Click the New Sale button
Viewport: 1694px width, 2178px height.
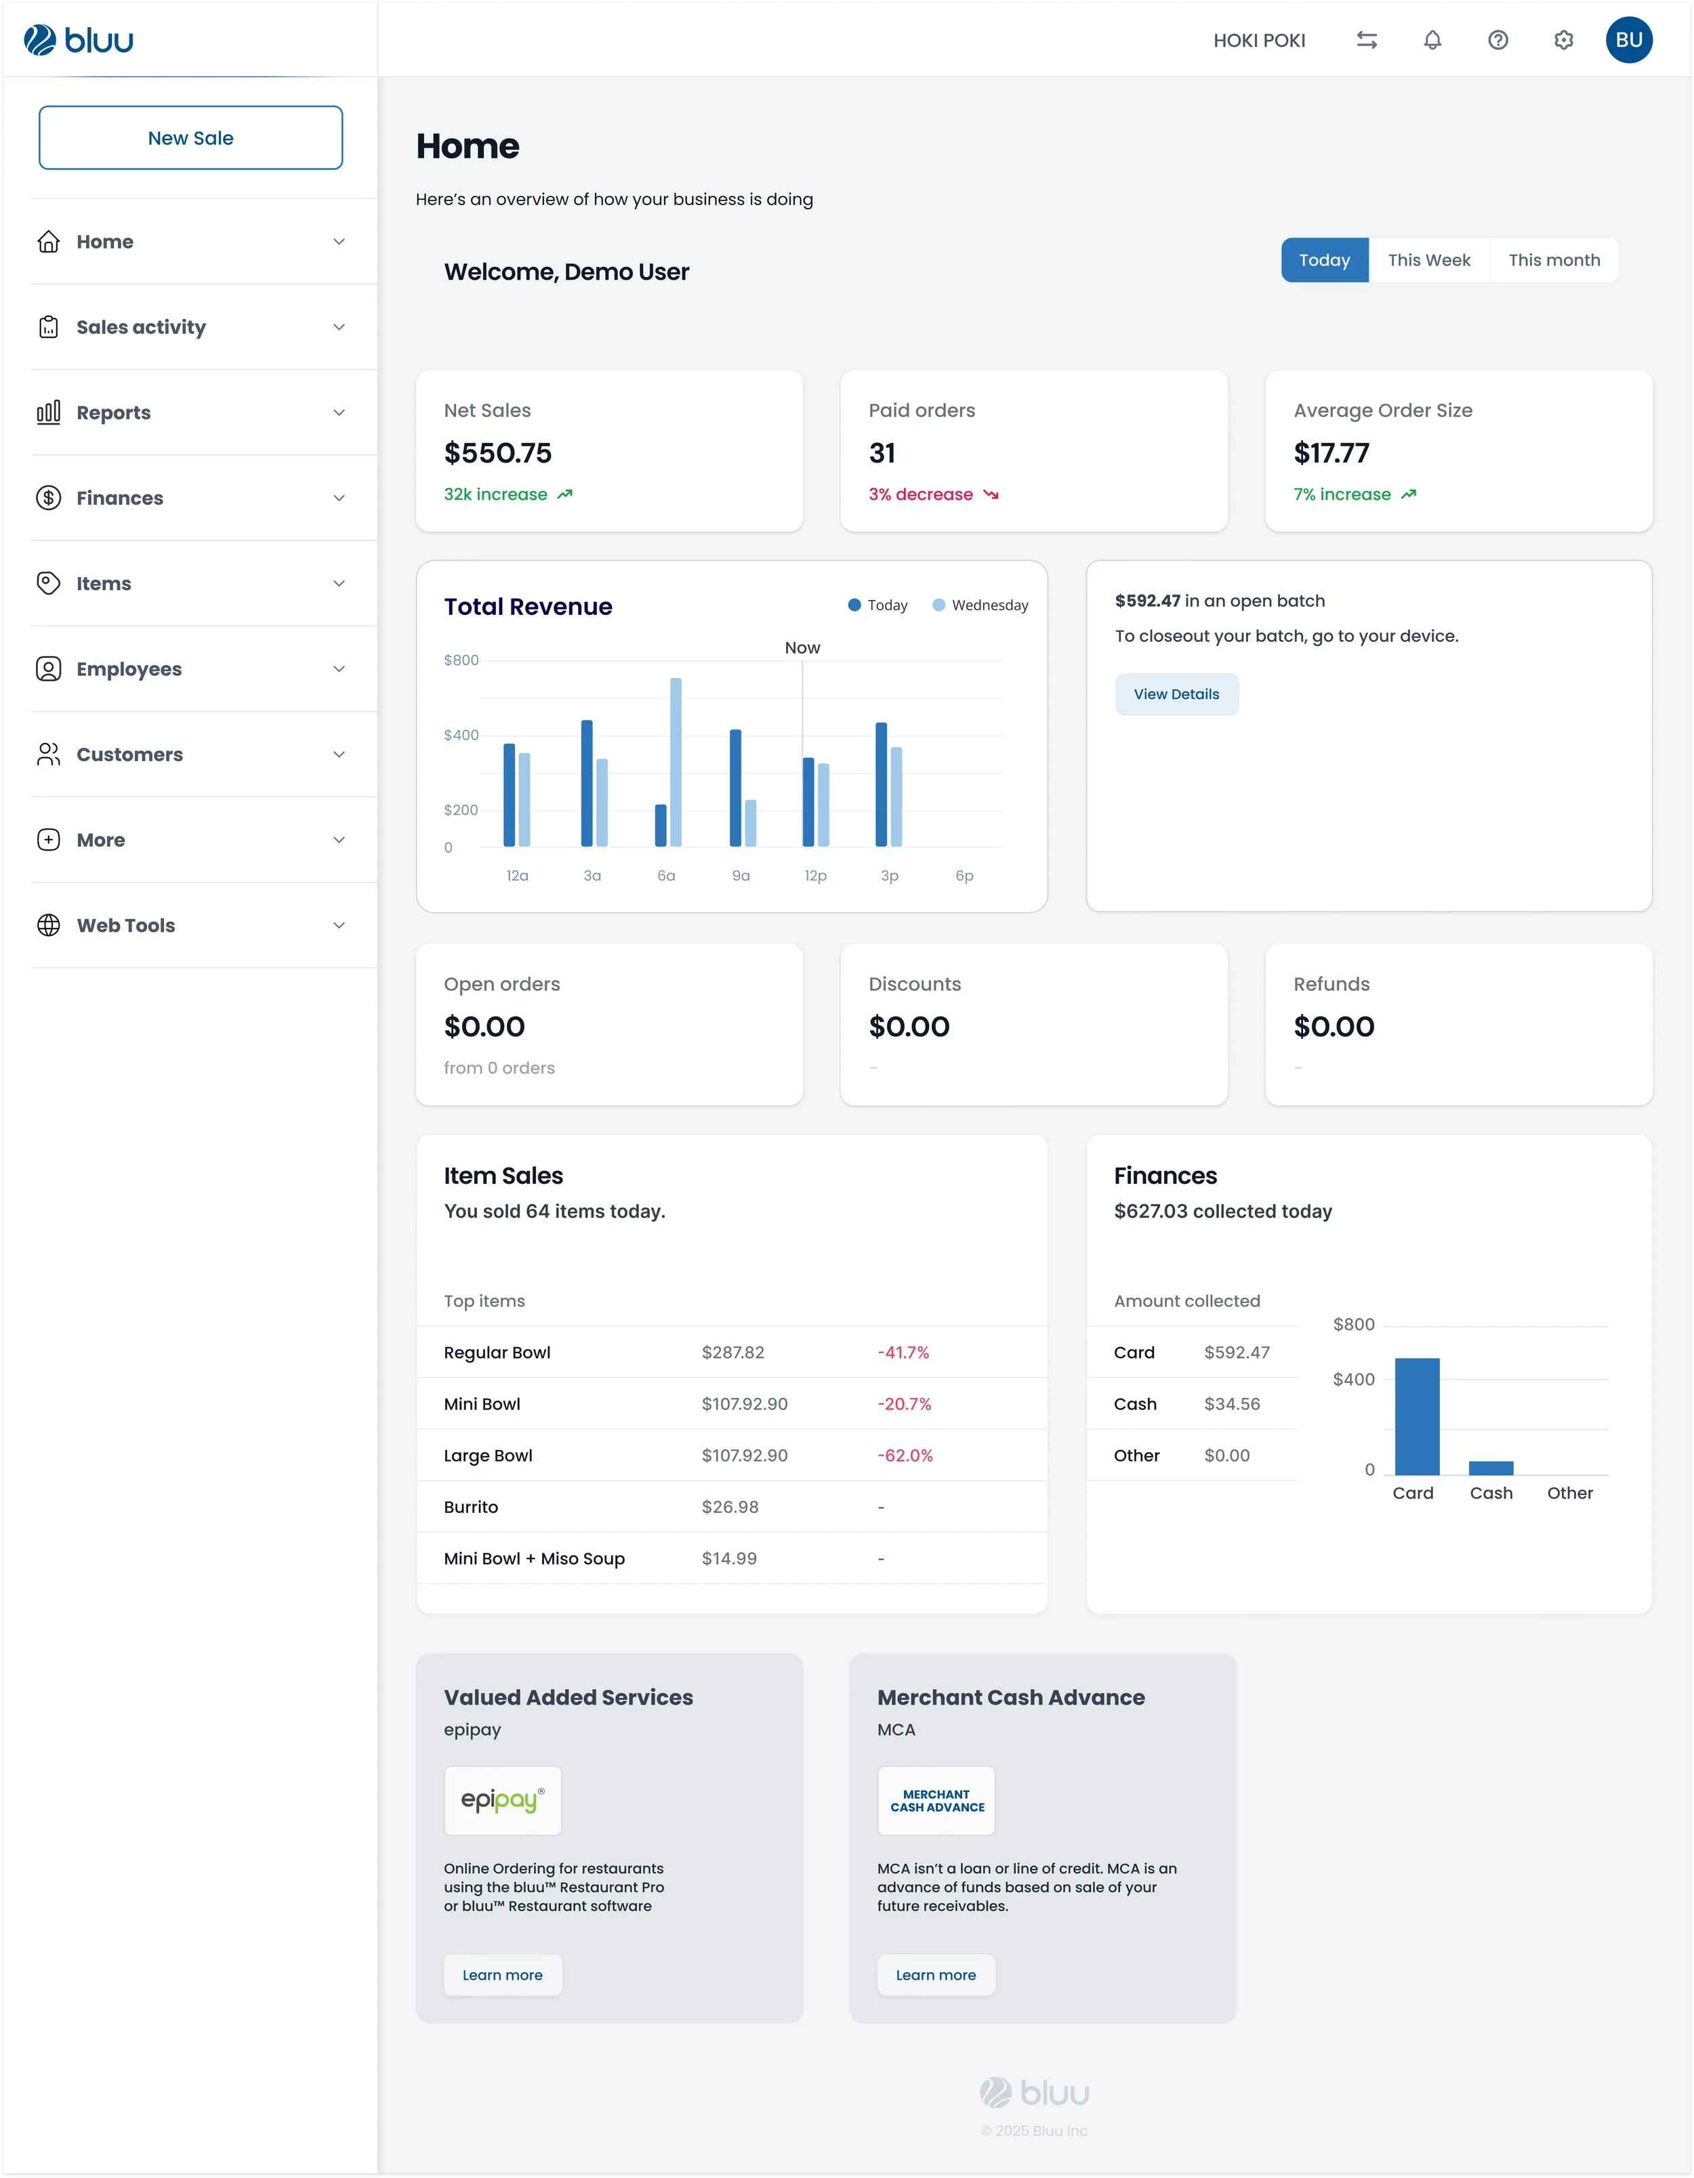[190, 137]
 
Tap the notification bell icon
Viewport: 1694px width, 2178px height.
[1432, 40]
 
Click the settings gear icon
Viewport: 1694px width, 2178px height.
[1563, 40]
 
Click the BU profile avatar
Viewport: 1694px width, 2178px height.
[1628, 40]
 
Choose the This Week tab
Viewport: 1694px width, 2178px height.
[1428, 260]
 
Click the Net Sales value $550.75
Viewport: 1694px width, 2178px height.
[498, 454]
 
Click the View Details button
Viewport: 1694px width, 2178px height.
[1176, 694]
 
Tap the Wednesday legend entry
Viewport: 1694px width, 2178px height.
[980, 605]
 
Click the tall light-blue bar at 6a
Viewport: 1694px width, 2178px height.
[676, 762]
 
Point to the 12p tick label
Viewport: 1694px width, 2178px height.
[815, 876]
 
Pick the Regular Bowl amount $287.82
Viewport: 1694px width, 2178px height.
[732, 1352]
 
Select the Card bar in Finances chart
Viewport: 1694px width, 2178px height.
[1417, 1416]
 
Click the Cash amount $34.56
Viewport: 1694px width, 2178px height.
[1232, 1404]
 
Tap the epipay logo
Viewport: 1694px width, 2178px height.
[503, 1800]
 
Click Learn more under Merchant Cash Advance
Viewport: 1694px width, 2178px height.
[936, 1975]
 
